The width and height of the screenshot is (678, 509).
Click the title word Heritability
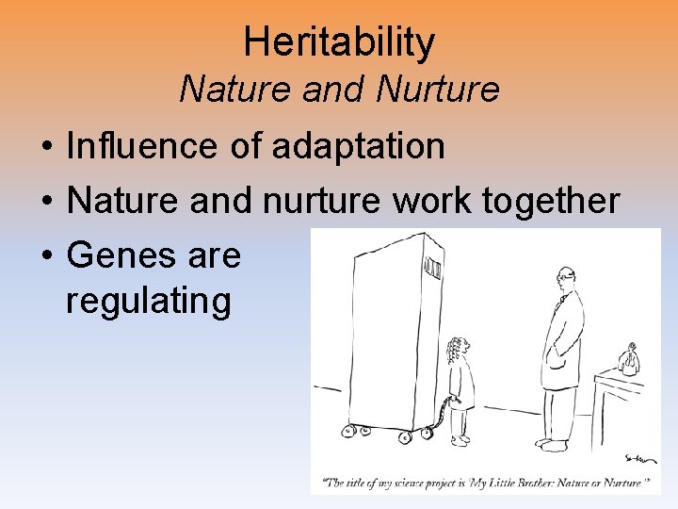[x=339, y=42]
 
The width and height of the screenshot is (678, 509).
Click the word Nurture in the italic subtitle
[x=437, y=90]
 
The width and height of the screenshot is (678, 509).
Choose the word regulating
[x=149, y=302]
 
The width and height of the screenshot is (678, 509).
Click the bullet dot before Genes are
[x=45, y=255]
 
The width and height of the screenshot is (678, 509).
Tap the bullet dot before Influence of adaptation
[x=45, y=147]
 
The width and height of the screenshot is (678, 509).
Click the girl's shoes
[x=459, y=440]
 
